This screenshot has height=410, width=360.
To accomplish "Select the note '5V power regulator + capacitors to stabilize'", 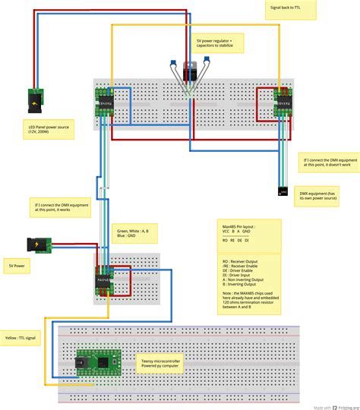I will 221,43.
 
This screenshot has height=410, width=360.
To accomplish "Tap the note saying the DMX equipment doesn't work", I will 328,165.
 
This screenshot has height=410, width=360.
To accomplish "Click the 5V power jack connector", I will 36,244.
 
